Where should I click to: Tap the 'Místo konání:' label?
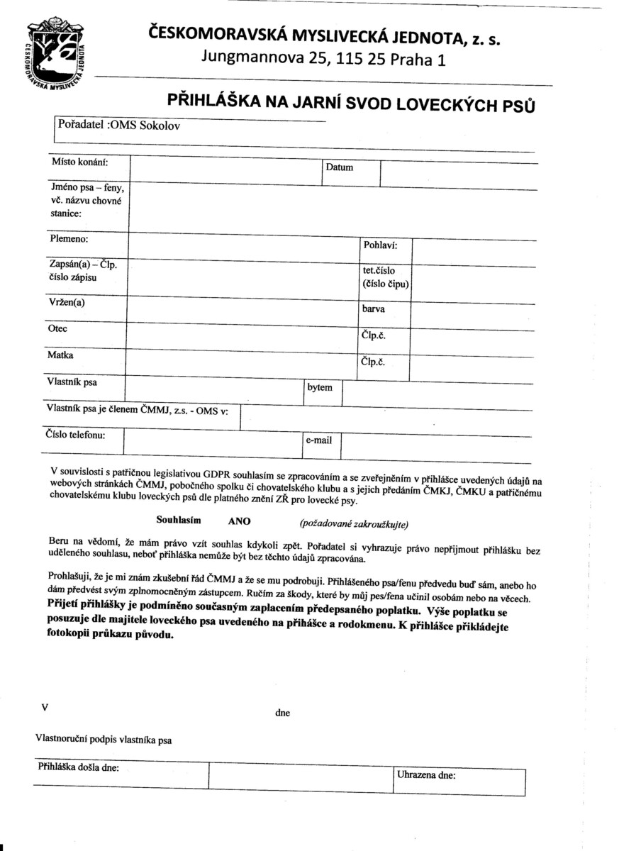click(79, 162)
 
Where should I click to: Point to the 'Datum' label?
click(339, 168)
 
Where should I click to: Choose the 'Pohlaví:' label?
click(379, 246)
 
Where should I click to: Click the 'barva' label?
click(374, 308)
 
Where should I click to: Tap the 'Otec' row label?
click(57, 329)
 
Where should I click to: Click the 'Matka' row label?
click(60, 355)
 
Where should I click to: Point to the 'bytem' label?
click(319, 388)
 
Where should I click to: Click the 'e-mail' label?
click(318, 440)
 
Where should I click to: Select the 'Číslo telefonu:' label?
click(75, 435)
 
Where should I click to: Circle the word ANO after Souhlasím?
click(239, 521)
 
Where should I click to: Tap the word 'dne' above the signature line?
click(282, 713)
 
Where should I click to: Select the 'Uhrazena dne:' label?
click(426, 775)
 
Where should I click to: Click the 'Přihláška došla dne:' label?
click(78, 767)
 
